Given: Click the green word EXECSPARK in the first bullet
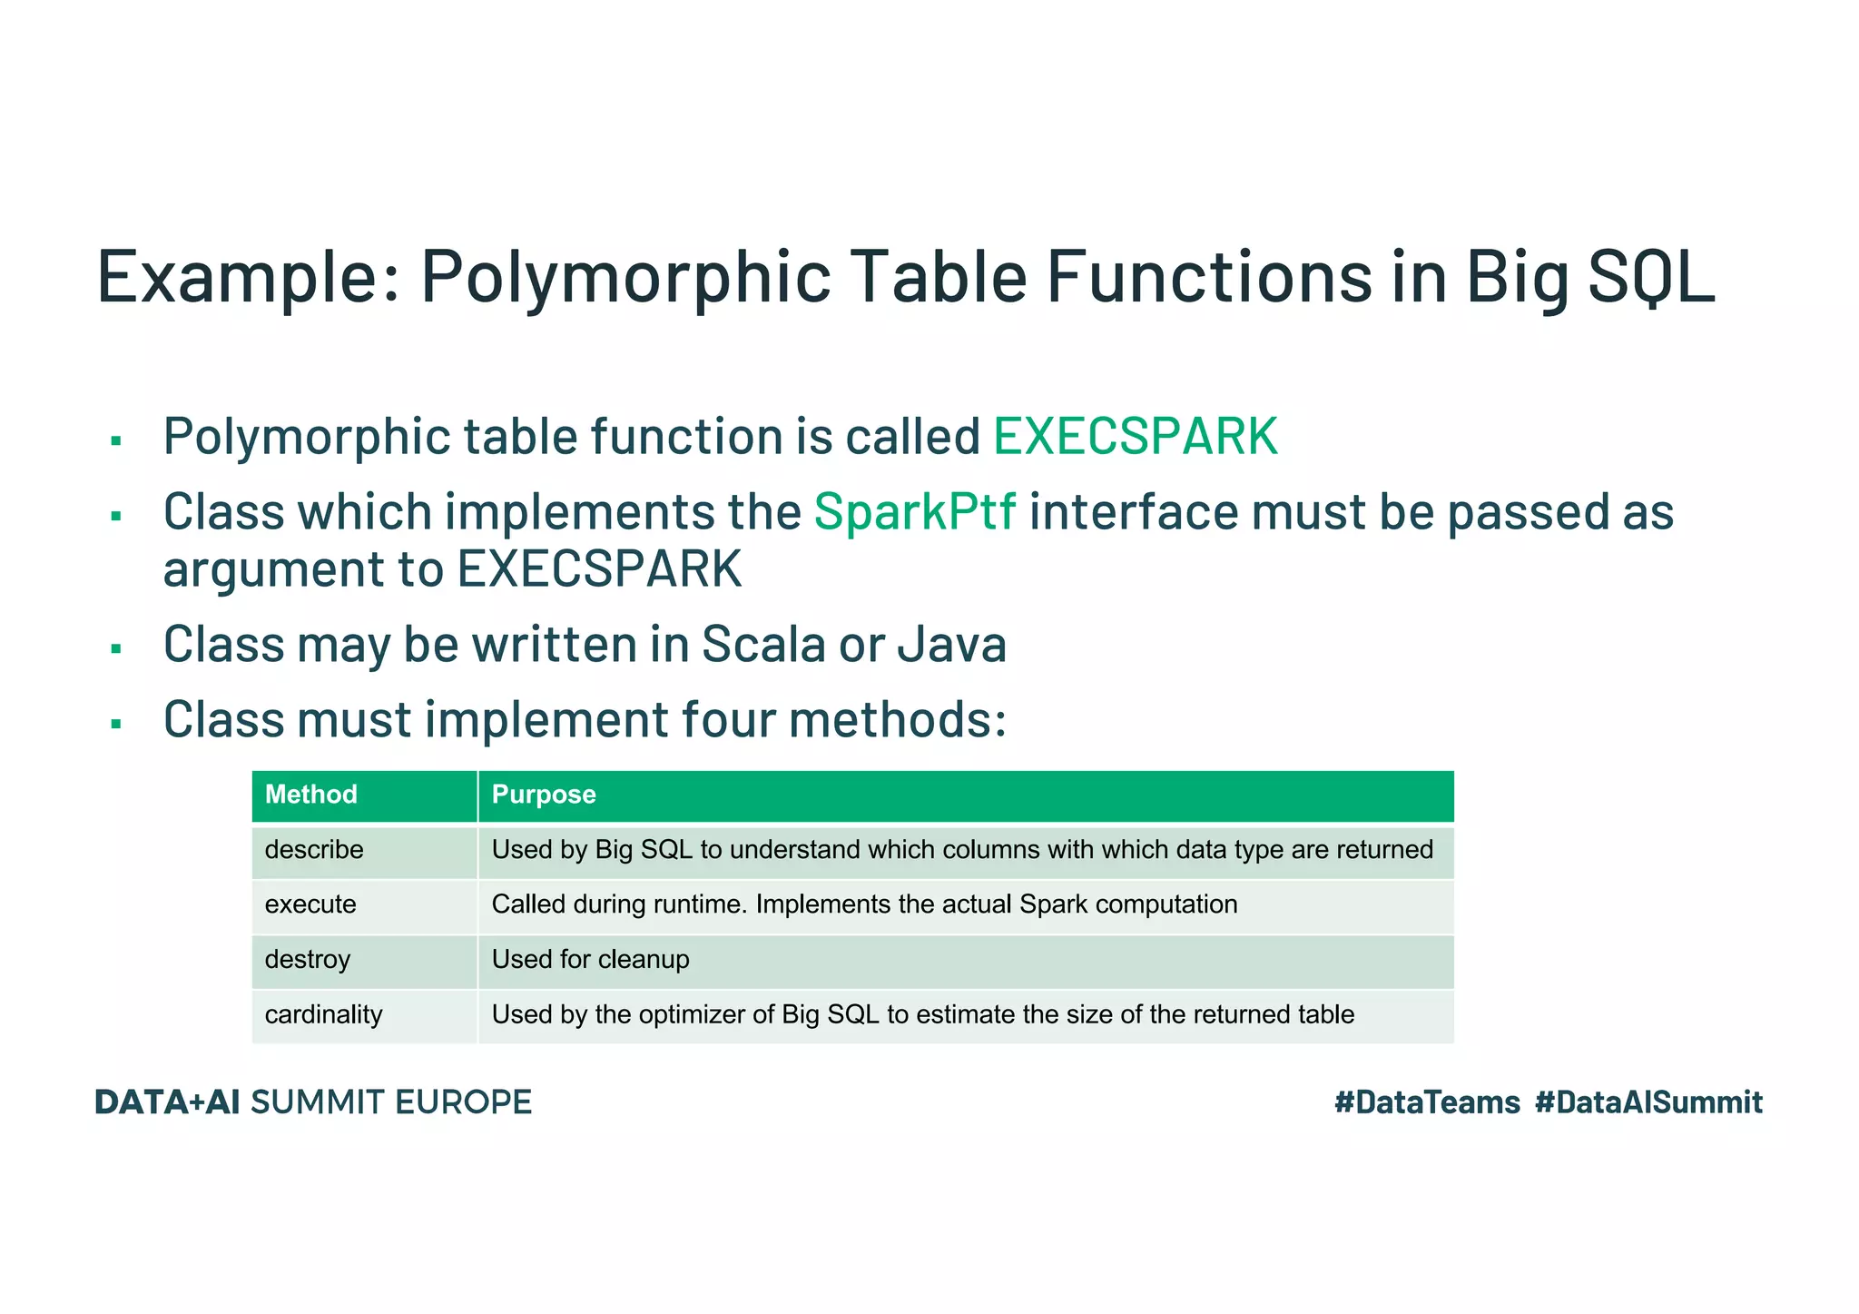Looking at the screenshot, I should coord(1135,437).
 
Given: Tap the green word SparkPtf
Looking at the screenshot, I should coord(914,512).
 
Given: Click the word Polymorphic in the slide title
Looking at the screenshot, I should coord(625,277).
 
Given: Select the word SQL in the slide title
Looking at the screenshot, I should coord(1651,277).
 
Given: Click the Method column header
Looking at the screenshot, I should coord(310,795).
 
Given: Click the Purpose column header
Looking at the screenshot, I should coord(544,795).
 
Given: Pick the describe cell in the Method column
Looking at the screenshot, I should coord(314,850).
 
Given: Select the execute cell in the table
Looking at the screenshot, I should coord(310,904).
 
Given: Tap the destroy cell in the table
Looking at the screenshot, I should coord(307,960).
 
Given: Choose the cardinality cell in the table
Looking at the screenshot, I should coord(323,1014).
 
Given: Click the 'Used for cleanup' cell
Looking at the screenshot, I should coord(590,960).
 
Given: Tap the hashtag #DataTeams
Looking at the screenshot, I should coord(1427,1102).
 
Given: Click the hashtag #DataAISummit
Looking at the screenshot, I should coord(1648,1102).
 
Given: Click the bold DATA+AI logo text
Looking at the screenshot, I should coord(167,1102).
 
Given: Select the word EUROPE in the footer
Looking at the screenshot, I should coord(463,1102).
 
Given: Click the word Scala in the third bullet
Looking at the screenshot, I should coord(763,645).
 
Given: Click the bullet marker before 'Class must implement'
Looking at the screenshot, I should coord(116,724).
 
